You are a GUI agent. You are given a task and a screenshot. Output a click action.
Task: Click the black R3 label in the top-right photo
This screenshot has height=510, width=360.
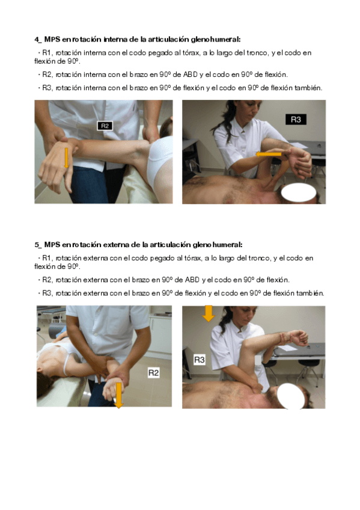tap(296, 119)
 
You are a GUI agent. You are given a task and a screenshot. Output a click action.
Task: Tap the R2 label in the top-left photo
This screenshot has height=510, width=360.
tap(105, 126)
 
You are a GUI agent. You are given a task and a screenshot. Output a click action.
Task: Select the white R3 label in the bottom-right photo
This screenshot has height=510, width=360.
tap(199, 360)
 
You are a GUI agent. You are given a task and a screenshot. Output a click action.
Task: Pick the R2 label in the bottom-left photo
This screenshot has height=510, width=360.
tap(153, 373)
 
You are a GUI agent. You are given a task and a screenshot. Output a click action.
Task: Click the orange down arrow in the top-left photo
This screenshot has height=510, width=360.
tap(67, 158)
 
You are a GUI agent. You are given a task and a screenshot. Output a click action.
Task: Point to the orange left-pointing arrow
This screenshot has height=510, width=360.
tap(269, 154)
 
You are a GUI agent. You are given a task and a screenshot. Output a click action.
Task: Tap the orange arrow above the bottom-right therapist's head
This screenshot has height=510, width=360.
tap(209, 313)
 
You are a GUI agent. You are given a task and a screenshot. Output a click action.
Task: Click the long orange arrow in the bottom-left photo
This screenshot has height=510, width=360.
tap(119, 395)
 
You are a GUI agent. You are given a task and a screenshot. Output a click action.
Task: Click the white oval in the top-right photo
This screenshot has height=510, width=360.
tap(299, 192)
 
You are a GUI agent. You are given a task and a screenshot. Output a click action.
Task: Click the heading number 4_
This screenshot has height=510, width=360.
tap(38, 39)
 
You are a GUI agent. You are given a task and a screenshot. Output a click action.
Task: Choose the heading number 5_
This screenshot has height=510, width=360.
tap(38, 245)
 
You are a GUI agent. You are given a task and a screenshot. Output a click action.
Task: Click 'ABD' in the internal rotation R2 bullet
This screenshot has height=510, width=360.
tap(191, 75)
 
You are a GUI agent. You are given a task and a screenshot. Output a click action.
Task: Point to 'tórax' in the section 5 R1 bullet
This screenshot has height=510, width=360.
tap(193, 258)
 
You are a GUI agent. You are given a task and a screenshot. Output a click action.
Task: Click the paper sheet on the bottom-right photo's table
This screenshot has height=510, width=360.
tap(287, 348)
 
